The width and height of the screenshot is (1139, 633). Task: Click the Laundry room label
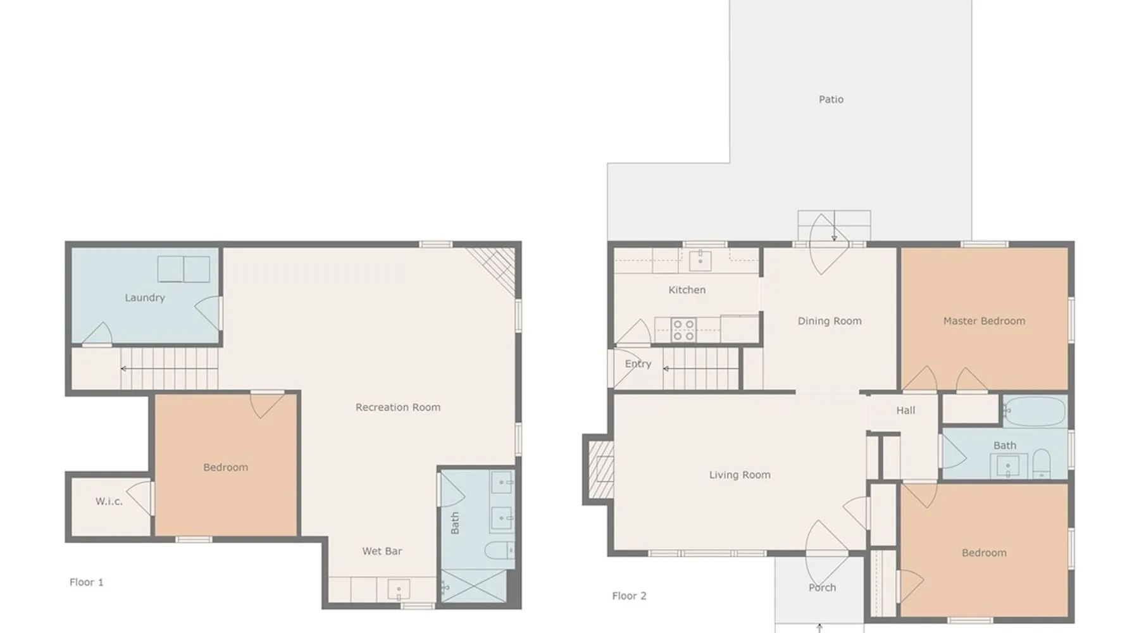(x=145, y=298)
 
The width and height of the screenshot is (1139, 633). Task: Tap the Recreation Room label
(x=398, y=407)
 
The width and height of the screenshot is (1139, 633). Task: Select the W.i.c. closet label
(x=109, y=501)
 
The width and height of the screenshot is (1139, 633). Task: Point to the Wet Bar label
(x=382, y=551)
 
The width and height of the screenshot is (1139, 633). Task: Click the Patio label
(x=831, y=99)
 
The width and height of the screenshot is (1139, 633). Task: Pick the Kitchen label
(x=687, y=290)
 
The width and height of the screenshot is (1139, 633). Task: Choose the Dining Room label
(x=830, y=321)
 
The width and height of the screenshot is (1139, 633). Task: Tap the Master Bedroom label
(x=984, y=321)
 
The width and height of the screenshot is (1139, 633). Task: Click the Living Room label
(x=740, y=475)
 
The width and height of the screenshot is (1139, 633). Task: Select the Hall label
(x=906, y=410)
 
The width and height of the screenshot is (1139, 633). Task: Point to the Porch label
(x=822, y=587)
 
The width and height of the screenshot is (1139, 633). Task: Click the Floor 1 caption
(x=86, y=582)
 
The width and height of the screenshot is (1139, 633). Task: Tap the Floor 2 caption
(x=629, y=596)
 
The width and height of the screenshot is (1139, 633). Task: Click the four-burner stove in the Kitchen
(x=683, y=330)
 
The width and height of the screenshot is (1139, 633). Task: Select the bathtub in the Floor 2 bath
(x=1034, y=411)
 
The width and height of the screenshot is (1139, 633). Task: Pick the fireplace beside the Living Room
(x=598, y=469)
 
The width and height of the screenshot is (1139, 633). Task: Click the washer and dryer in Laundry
(x=184, y=269)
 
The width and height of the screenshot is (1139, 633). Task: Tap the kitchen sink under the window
(x=700, y=260)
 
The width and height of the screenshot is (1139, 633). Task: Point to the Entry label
(x=638, y=364)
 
